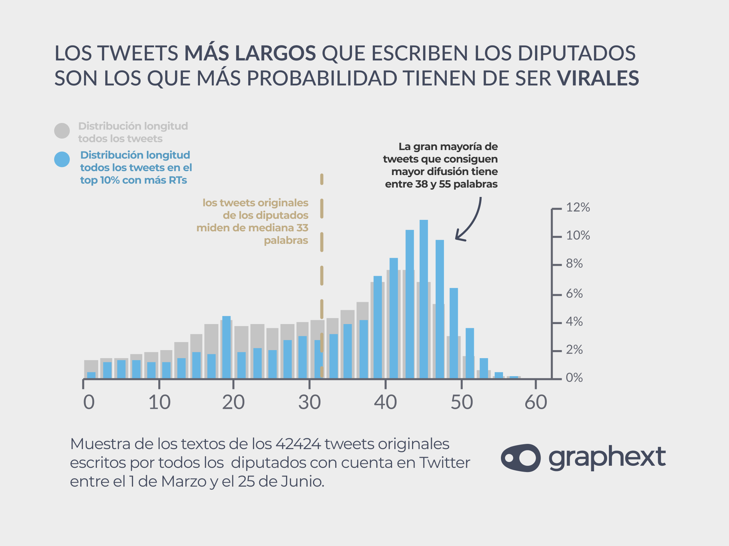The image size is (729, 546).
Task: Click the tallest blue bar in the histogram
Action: (x=424, y=299)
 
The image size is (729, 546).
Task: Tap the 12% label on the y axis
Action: (x=578, y=207)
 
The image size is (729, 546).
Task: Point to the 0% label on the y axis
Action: (x=574, y=378)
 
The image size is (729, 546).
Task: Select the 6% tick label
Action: (x=574, y=294)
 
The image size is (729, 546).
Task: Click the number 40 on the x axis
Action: (x=385, y=402)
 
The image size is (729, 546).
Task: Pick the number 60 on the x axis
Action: (x=536, y=402)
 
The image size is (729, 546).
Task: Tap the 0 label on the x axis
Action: (x=89, y=402)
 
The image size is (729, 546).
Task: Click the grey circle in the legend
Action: (x=62, y=131)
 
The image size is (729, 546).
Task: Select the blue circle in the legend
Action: (x=62, y=159)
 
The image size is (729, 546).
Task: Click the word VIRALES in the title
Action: (x=598, y=78)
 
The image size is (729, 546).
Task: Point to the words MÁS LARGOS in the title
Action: (x=250, y=53)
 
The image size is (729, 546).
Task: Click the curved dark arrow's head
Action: (x=458, y=238)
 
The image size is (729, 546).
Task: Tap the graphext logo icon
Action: (x=520, y=458)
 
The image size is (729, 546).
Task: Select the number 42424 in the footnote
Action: (x=298, y=444)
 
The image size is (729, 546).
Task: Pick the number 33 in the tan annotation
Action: (x=302, y=228)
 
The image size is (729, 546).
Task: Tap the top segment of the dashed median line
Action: (x=322, y=179)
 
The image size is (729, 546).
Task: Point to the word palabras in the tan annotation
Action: (x=286, y=240)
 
